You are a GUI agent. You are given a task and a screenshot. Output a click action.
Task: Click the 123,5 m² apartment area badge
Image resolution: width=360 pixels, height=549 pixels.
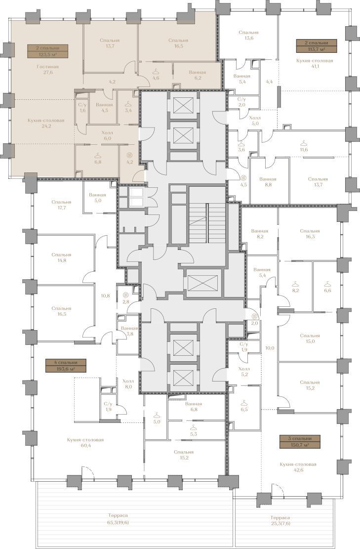tap(47, 51)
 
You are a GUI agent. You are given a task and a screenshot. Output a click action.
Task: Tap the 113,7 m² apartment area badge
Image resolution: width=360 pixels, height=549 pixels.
tap(317, 46)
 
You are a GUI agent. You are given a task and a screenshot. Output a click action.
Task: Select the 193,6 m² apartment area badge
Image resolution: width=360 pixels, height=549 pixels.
tap(66, 366)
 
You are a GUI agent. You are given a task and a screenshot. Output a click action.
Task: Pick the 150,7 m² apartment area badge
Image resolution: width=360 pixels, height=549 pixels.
tap(299, 442)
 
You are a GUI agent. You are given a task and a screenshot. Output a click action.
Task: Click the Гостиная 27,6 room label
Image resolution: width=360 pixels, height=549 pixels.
tap(47, 69)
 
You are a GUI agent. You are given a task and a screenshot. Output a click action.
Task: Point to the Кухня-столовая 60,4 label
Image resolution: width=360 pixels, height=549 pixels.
tap(85, 443)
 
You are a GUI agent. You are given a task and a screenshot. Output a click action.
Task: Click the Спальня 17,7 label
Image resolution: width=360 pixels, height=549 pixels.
tap(61, 205)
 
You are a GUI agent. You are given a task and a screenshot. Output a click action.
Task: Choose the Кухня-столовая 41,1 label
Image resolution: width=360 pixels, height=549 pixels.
tap(315, 63)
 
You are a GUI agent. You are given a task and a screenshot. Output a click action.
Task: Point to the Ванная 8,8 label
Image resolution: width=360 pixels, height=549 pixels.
tap(268, 182)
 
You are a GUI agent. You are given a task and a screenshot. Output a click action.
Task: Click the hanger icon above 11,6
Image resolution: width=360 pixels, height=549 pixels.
tap(304, 143)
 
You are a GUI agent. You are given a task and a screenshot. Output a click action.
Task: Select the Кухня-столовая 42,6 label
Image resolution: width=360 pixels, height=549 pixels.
tap(298, 467)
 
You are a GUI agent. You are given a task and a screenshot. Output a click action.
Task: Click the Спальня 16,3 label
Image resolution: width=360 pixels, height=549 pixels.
tap(310, 234)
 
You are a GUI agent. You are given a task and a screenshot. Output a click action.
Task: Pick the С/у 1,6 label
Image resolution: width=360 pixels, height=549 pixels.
tap(82, 108)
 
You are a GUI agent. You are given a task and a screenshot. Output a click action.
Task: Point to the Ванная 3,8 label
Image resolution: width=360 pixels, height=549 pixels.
tap(129, 331)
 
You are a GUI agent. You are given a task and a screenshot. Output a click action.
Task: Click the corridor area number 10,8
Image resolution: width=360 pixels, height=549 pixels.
tap(105, 296)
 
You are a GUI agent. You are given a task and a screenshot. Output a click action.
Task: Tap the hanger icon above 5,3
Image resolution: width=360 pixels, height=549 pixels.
tap(194, 427)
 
